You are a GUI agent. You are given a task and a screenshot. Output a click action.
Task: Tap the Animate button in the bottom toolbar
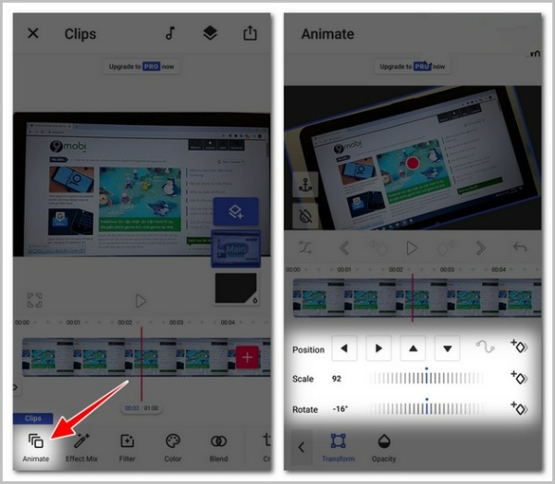click(x=36, y=446)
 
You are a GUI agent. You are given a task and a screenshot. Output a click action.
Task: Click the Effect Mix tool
click(x=81, y=446)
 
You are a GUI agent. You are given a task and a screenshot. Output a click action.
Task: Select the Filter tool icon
click(x=127, y=446)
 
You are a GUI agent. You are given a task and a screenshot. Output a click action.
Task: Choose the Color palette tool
click(x=173, y=446)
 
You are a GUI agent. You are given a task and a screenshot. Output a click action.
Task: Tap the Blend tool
click(x=218, y=446)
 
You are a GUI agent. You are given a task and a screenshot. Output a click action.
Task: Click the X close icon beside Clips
click(x=33, y=33)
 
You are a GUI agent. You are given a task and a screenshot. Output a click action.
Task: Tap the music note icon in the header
click(x=170, y=33)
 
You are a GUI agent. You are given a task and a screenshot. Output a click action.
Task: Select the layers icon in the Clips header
click(x=210, y=33)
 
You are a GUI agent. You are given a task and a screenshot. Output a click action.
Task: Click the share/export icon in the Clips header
click(x=250, y=33)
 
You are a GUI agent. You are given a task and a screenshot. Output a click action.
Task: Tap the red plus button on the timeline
click(x=247, y=357)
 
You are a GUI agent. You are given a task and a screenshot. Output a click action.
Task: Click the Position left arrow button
click(x=344, y=349)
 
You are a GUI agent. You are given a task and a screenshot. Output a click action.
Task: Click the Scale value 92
click(x=337, y=379)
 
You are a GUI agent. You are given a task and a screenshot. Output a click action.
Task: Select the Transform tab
click(x=338, y=446)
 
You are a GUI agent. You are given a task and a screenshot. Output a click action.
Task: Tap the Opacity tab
click(x=383, y=446)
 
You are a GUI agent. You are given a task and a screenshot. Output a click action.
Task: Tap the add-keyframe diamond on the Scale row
click(x=519, y=378)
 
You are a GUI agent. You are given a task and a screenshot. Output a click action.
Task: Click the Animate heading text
click(x=327, y=34)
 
